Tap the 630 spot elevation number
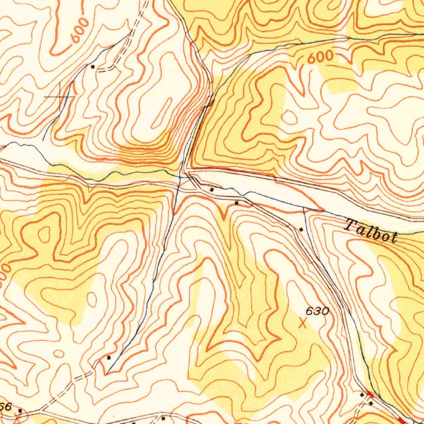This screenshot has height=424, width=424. point(318,311)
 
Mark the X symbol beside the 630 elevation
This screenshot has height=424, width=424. point(303,323)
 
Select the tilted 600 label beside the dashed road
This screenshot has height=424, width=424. point(80,31)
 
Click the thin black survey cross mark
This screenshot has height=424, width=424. point(60,96)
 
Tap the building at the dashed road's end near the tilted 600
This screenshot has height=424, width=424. point(93,66)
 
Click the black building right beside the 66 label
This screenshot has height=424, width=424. point(20,410)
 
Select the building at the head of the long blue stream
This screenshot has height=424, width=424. point(109,357)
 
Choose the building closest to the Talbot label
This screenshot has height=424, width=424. point(301,229)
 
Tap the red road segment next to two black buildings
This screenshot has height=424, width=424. point(370,395)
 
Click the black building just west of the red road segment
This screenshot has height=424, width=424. point(362,395)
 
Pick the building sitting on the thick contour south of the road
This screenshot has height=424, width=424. point(236,203)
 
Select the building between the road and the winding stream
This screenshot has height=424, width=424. point(212,189)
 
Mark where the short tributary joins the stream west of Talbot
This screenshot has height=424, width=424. point(304,209)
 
